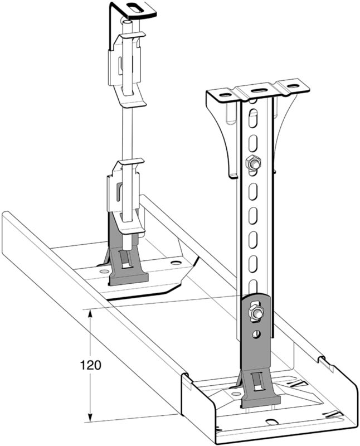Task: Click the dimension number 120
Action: coord(90,365)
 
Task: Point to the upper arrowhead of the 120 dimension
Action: coord(90,313)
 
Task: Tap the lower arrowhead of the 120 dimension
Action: coord(90,418)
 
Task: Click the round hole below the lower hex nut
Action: coord(257,334)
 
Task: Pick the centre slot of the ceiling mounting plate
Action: coord(258,90)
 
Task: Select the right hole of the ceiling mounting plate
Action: coord(293,85)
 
